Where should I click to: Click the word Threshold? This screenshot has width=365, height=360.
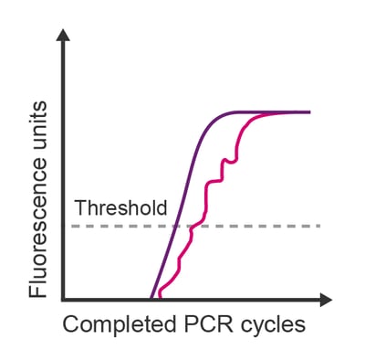click(120, 207)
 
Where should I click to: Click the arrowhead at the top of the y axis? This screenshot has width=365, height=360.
click(63, 37)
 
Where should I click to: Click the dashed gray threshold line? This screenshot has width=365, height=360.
click(255, 225)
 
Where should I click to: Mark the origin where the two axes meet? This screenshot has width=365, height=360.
click(63, 299)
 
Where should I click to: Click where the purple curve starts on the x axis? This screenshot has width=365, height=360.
click(151, 298)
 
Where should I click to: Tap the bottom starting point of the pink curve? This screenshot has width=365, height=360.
click(160, 297)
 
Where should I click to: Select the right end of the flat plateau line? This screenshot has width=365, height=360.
click(309, 111)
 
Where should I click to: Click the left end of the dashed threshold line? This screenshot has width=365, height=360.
click(75, 225)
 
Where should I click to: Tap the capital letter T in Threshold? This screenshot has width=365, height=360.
click(79, 207)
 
